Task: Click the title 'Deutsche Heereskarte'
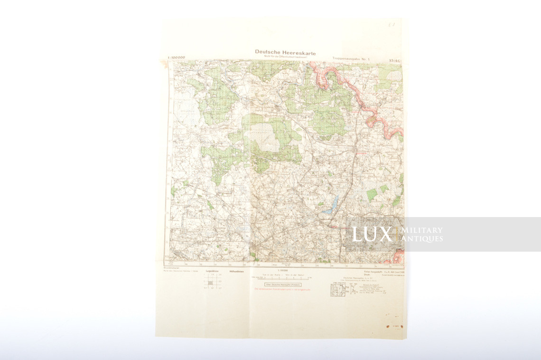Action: [285, 52]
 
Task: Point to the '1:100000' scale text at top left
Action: [176, 57]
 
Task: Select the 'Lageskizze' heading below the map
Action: [212, 271]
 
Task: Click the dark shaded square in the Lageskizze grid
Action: [211, 283]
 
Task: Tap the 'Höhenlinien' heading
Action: [236, 271]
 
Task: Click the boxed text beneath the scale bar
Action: [283, 284]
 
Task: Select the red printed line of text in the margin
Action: [283, 289]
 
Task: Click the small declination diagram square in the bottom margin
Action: [337, 290]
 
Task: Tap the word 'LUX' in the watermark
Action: [372, 234]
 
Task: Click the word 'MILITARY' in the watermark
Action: [422, 230]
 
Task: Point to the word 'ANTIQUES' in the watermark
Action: [422, 238]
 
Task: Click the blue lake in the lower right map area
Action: [332, 205]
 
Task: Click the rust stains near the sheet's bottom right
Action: [395, 326]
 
